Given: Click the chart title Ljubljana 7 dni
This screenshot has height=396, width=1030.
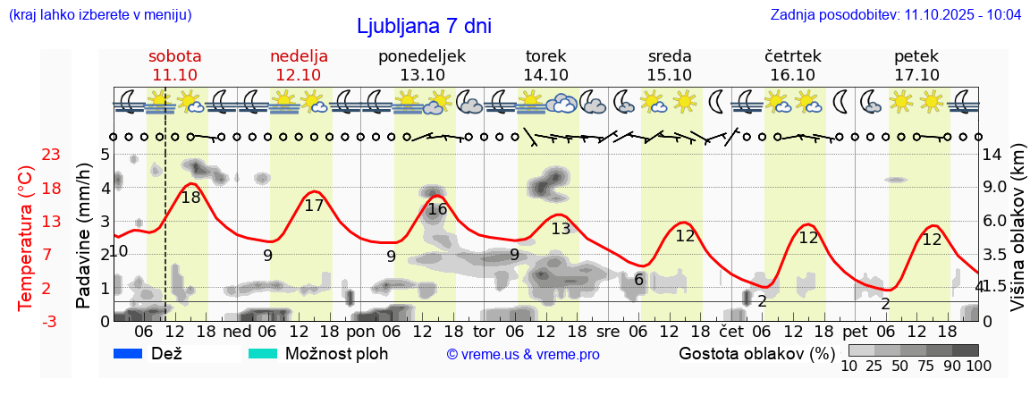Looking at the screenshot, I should tap(423, 26).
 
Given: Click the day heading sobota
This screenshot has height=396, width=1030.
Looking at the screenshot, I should tap(175, 56).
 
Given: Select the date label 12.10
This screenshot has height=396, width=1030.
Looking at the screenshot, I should tap(299, 75).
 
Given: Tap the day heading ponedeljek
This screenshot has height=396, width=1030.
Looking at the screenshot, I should tap(422, 56).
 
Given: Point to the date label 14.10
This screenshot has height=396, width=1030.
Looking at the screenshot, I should tap(546, 75).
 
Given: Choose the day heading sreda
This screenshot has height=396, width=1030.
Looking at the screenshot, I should tap(670, 56).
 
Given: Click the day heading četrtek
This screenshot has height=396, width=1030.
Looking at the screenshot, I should tap(793, 56).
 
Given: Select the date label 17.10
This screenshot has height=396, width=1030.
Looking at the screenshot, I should tap(916, 75).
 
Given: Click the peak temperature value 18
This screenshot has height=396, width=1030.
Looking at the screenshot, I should tap(190, 198).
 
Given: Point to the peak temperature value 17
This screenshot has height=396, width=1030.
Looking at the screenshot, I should tap(314, 206).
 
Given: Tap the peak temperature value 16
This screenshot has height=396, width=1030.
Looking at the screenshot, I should tap(437, 209).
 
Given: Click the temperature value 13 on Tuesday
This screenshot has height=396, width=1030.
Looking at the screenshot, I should tap(561, 229).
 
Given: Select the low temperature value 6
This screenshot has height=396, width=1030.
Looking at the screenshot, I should tap(638, 280).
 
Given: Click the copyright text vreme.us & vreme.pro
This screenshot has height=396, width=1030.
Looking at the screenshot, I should tap(523, 355).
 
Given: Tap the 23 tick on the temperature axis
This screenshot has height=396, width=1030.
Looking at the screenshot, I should tap(51, 156).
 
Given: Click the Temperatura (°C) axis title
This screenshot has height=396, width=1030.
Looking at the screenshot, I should tap(27, 237).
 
